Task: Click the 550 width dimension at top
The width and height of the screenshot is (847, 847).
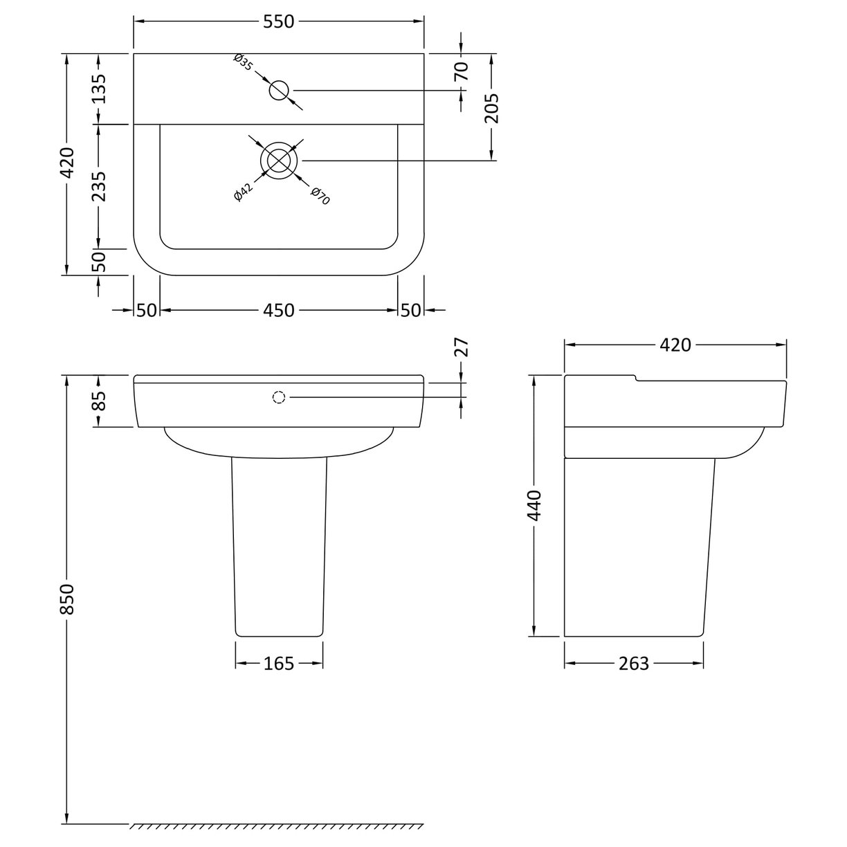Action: point(279,22)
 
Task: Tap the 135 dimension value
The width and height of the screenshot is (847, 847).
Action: point(98,88)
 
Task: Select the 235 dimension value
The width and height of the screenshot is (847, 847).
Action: point(98,186)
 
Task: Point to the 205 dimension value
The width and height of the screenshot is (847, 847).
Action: point(492,108)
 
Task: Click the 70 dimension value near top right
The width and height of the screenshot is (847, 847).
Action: point(462,71)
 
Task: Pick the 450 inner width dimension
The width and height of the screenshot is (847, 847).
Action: point(279,311)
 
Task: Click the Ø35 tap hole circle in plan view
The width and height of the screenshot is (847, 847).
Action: point(279,90)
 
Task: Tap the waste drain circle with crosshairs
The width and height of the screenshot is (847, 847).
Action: point(279,160)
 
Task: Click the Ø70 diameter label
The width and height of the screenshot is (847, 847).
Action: point(320,195)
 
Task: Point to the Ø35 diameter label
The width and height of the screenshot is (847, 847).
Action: point(243,62)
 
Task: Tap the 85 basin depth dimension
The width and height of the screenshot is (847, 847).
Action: point(98,401)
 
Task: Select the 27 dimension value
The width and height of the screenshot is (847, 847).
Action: point(462,347)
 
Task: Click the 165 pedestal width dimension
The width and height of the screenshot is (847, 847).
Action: point(279,664)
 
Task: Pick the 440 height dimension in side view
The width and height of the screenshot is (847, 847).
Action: point(534,505)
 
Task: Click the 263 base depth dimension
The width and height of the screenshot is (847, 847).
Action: point(634,664)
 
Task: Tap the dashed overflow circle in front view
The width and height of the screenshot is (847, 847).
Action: point(279,397)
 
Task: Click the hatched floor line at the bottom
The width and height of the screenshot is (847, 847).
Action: point(277,828)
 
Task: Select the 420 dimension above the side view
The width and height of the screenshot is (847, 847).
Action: point(675,345)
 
